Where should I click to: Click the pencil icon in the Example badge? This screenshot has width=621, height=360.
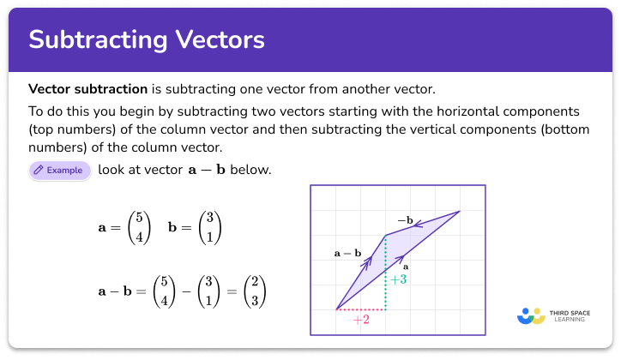point(39,171)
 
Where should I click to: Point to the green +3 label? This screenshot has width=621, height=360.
point(398,279)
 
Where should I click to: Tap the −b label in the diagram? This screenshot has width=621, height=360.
point(405,220)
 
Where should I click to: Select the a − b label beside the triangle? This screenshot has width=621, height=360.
point(347,254)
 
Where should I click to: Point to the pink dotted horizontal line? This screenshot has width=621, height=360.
point(360,309)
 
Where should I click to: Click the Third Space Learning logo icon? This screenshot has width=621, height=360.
point(532,316)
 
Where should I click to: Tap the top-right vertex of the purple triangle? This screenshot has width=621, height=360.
point(460,211)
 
